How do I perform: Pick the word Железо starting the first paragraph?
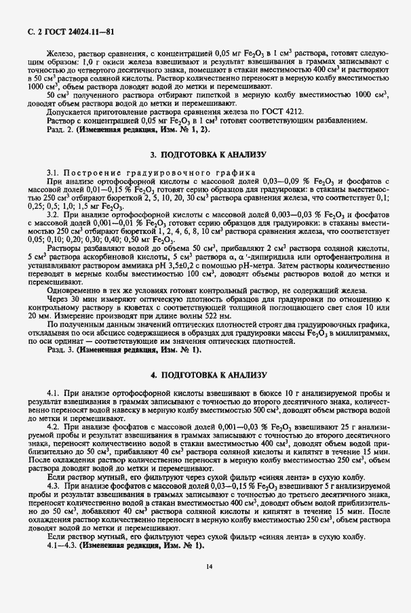coord(60,52)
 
